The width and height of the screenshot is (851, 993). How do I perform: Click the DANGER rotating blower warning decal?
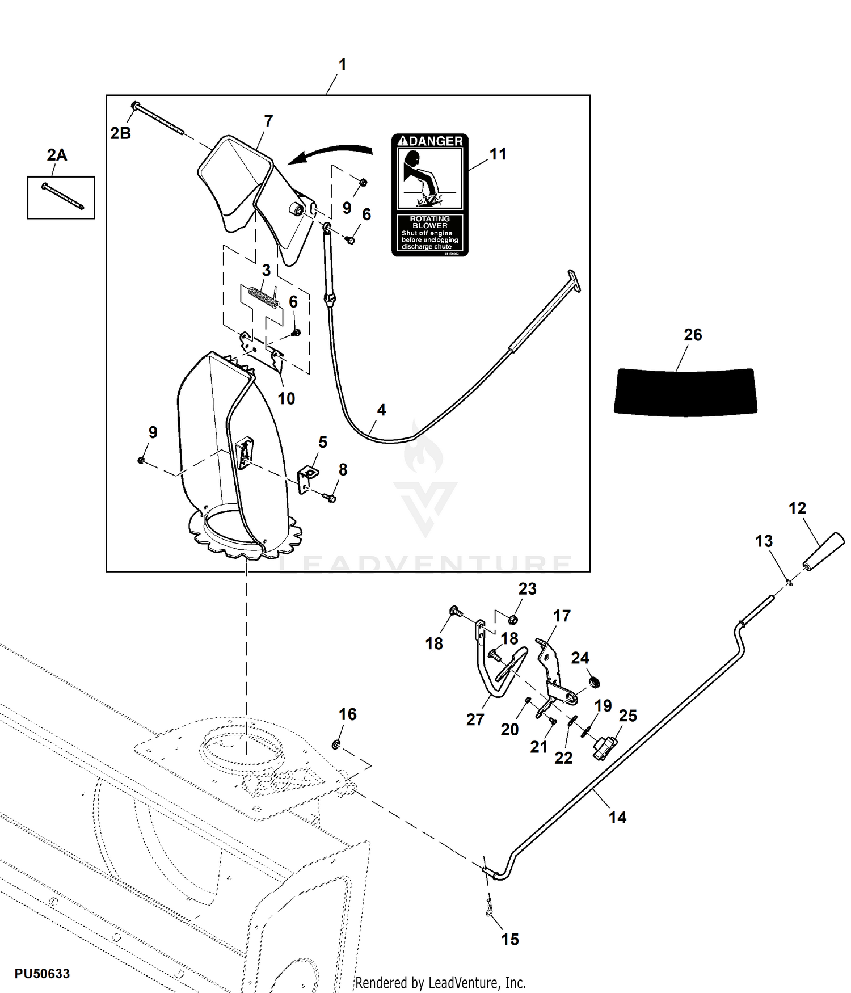(429, 195)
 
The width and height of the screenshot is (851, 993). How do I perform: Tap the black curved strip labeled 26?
(685, 392)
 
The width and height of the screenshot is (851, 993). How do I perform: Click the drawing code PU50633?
(42, 974)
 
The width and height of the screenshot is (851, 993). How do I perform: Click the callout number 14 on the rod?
(617, 817)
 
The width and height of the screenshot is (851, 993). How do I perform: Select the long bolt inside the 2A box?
(62, 196)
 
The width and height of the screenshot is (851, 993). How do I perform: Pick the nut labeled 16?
(336, 744)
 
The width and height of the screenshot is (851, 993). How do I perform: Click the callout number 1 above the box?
(342, 65)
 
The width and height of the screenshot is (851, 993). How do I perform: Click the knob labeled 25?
(605, 747)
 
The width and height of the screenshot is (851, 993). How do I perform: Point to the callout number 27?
(475, 719)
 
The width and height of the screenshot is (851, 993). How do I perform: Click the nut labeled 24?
(594, 681)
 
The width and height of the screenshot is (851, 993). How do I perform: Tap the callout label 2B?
(120, 133)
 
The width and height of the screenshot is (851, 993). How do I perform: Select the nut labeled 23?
(512, 619)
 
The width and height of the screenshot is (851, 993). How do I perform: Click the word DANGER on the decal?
(436, 141)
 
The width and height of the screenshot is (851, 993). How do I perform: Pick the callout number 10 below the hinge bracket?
(286, 398)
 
